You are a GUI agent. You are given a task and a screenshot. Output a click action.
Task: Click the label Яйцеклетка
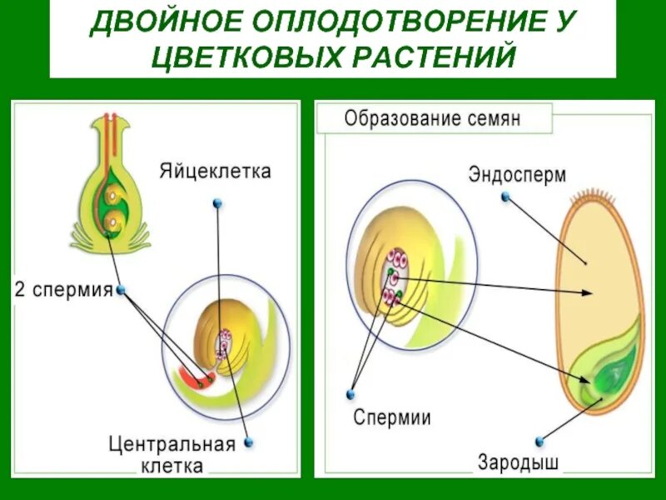pos(216,172)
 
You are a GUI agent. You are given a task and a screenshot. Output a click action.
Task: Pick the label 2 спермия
pos(63,291)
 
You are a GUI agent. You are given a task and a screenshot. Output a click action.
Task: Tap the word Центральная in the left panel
pos(172,442)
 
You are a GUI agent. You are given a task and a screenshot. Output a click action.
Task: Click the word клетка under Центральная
pos(172,465)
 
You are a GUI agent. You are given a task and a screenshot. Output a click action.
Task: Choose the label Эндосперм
pos(517,175)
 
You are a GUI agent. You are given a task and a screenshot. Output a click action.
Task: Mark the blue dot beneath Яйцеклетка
pos(217,202)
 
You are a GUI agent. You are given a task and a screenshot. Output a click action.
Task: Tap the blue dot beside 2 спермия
pos(122,290)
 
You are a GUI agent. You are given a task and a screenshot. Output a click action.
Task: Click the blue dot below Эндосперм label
pos(504,197)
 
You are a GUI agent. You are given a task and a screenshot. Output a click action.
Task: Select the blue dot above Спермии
pos(351,392)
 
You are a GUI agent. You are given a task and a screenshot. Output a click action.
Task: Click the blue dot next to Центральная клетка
pos(248,442)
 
